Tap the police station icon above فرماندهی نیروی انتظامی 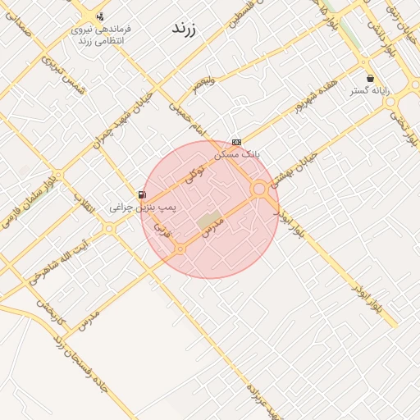(100, 16)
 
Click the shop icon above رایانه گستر (371, 79)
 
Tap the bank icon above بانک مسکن (236, 142)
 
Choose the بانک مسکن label (236, 153)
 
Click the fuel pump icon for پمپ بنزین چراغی (143, 194)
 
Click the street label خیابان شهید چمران (123, 122)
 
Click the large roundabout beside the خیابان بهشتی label (259, 189)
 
